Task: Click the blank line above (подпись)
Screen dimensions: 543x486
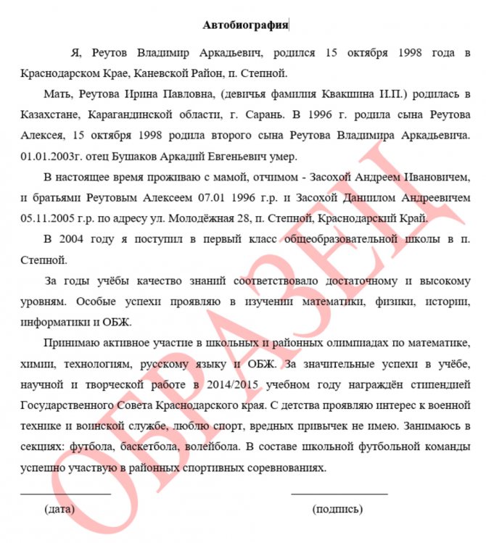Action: (339, 493)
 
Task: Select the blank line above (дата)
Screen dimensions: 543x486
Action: (65, 493)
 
